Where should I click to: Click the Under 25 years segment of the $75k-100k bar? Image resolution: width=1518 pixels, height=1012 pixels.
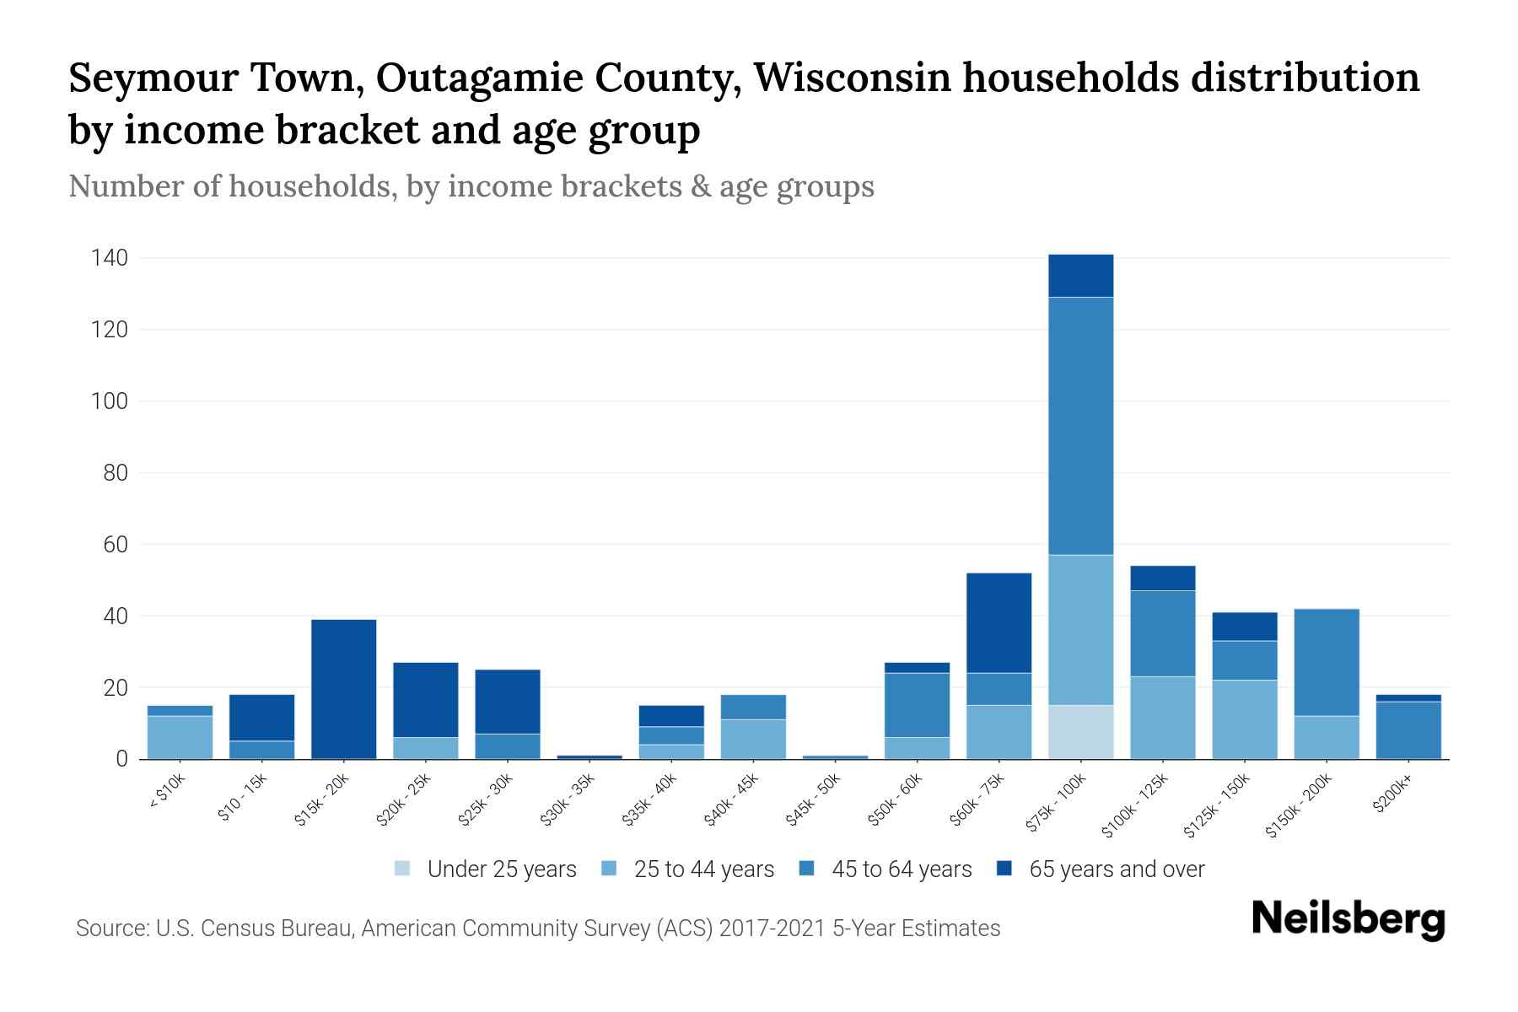pyautogui.click(x=1080, y=732)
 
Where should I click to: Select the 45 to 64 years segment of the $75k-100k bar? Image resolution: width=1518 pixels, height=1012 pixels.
pyautogui.click(x=1080, y=426)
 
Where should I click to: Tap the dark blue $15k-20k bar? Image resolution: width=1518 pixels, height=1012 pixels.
pyautogui.click(x=343, y=689)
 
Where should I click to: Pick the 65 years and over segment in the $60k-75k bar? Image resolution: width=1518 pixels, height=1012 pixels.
pyautogui.click(x=999, y=623)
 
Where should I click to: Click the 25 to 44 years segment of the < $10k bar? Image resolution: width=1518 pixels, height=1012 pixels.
pyautogui.click(x=180, y=737)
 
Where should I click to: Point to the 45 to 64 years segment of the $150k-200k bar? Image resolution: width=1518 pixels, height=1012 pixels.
pyautogui.click(x=1326, y=662)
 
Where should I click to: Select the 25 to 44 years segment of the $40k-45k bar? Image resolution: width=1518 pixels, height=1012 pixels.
pyautogui.click(x=753, y=739)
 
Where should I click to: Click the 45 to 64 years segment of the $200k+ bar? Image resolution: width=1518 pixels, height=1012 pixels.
pyautogui.click(x=1408, y=730)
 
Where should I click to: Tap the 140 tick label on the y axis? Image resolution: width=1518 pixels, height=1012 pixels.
pyautogui.click(x=110, y=258)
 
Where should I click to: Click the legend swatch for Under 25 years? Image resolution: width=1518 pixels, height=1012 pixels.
pyautogui.click(x=403, y=869)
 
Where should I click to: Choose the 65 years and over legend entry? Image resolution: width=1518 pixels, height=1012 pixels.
pyautogui.click(x=1116, y=869)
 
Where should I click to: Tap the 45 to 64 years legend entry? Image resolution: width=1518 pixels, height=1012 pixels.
pyautogui.click(x=901, y=869)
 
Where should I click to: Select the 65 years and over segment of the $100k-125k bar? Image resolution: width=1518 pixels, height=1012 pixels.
pyautogui.click(x=1162, y=579)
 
